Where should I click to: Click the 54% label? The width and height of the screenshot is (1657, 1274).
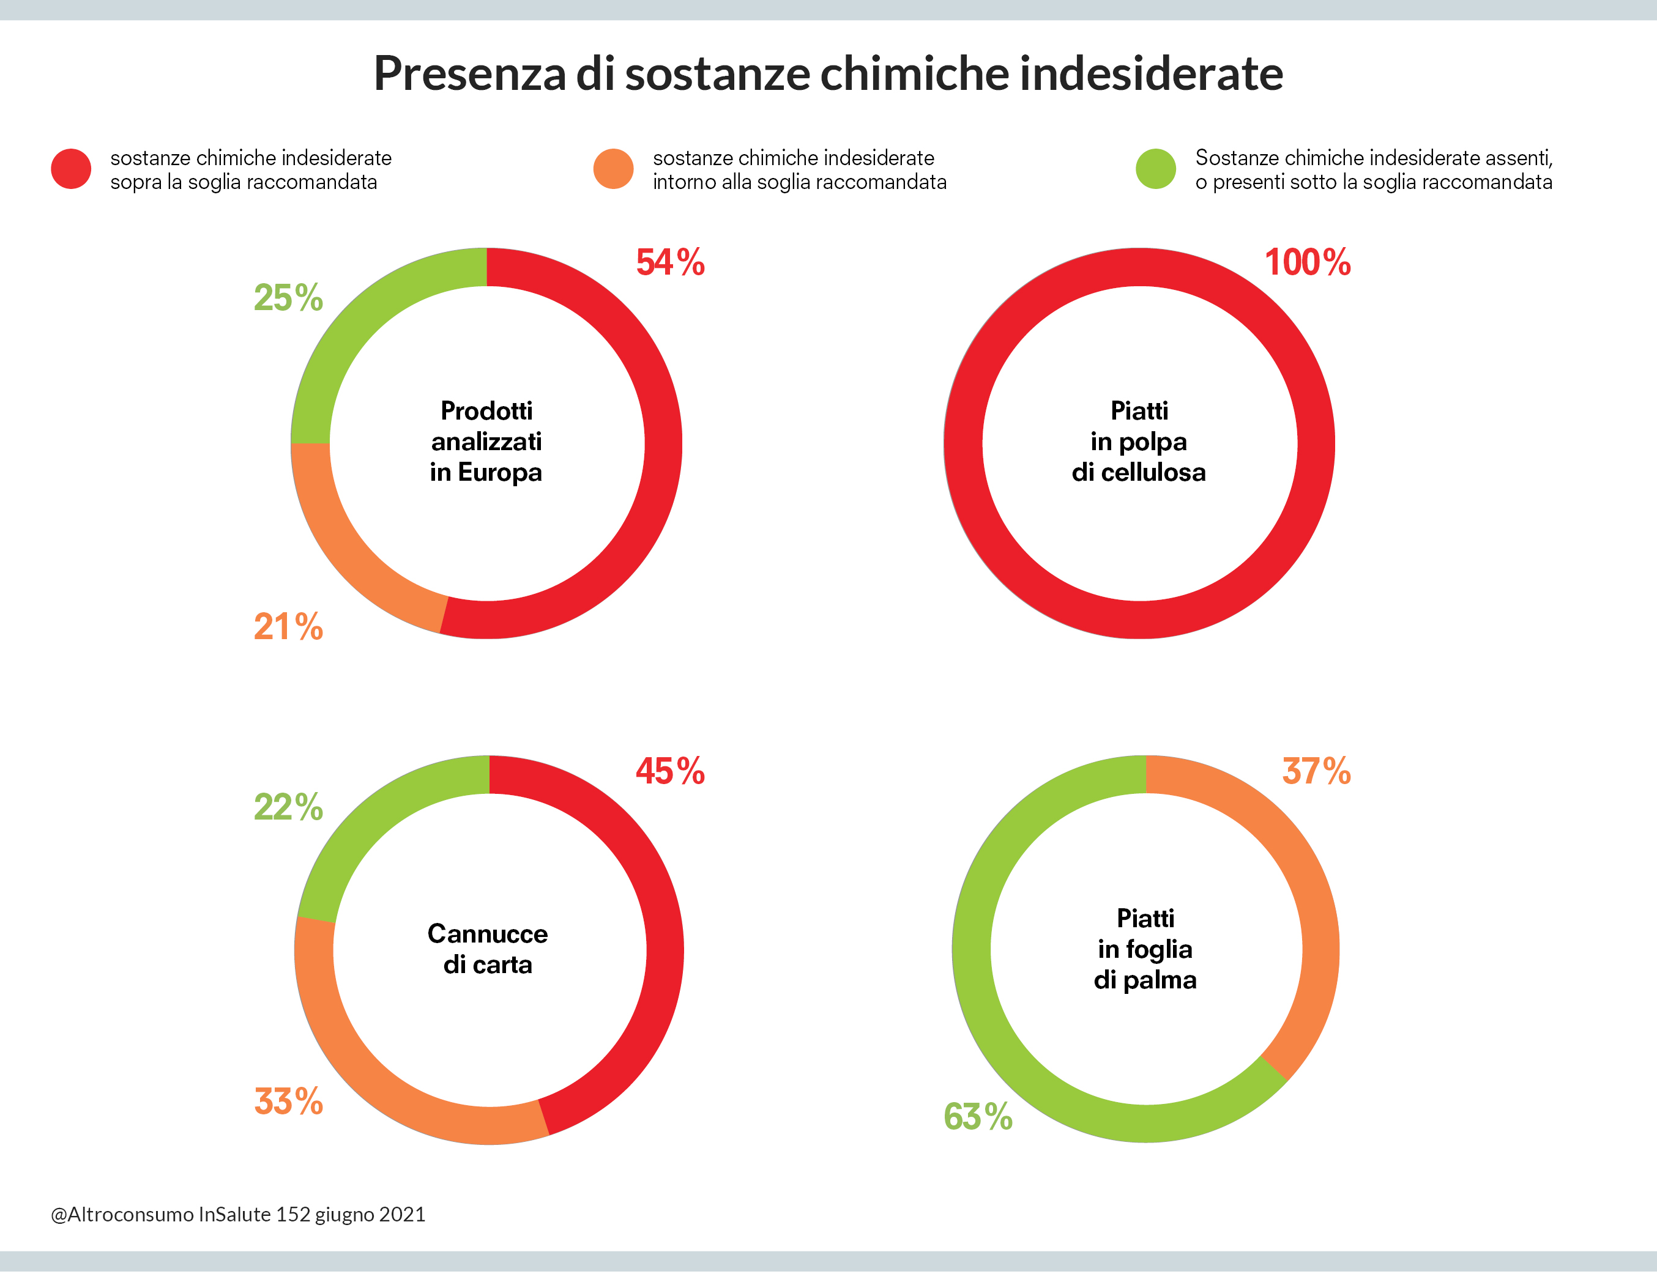[670, 262]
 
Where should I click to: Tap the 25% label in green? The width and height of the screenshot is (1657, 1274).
[288, 297]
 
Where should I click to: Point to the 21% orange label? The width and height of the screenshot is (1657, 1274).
[288, 627]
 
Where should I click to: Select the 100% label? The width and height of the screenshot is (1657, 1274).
[1307, 262]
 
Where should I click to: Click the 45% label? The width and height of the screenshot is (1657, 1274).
[670, 771]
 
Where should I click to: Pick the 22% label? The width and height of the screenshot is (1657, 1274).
[288, 807]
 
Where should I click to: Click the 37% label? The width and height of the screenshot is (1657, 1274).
[1316, 771]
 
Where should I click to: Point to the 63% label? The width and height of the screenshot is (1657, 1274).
[978, 1117]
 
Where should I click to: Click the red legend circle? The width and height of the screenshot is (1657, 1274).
[72, 168]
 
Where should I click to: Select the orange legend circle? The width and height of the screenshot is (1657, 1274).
[613, 168]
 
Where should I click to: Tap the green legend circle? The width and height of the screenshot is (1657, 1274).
[1155, 168]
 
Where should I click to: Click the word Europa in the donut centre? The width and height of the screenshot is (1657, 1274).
[500, 472]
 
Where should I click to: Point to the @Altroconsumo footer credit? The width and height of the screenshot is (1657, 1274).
[237, 1214]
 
